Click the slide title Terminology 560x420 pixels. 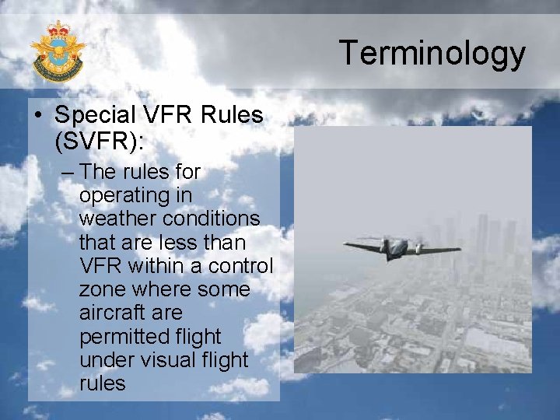tap(432, 54)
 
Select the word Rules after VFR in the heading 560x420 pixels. tap(232, 116)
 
